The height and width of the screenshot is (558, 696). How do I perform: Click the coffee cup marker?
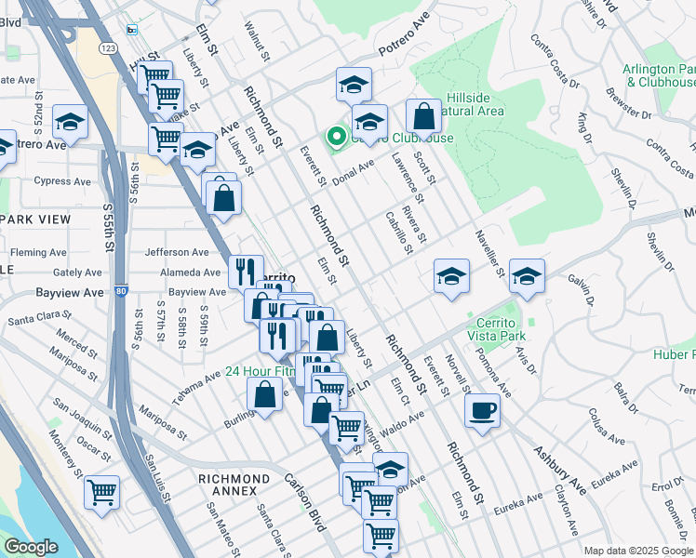482,411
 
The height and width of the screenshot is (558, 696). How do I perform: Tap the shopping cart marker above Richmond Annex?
101,492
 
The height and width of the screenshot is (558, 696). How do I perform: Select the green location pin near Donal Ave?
334,139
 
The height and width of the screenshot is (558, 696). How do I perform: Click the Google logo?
32,547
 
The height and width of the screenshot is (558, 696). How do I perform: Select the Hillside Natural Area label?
462,103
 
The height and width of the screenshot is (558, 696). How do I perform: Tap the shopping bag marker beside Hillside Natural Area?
423,118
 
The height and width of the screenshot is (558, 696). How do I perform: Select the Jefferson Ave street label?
177,252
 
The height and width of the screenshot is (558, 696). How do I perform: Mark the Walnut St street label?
257,45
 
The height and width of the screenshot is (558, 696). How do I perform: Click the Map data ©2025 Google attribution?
637,551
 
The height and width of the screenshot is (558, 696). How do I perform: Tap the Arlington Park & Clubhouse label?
661,74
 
